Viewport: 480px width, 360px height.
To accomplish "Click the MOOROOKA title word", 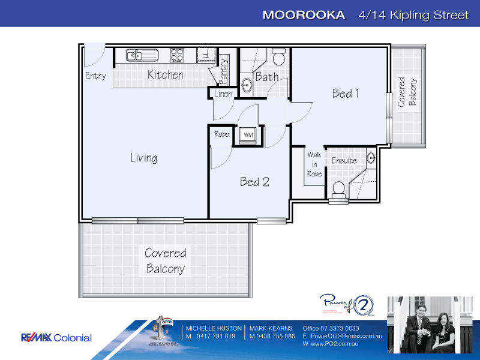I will pos(304,15).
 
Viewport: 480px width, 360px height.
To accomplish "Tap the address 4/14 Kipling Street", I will pos(412,15).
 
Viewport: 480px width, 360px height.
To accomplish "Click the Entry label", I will pos(95,76).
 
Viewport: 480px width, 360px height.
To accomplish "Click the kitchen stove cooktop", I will pos(177,55).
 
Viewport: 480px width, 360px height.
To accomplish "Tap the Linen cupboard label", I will pos(223,94).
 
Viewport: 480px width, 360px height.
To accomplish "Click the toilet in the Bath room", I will pos(278,58).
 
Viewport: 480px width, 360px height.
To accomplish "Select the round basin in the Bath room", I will pos(247,85).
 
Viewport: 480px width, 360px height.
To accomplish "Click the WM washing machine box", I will pos(247,136).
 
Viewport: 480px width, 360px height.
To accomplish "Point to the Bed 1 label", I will pos(346,93).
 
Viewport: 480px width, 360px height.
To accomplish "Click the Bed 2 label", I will pos(254,182).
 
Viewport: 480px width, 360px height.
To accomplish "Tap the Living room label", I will pos(144,158).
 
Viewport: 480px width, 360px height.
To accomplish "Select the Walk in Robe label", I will pos(314,164).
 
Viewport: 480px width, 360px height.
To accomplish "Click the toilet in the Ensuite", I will pos(338,190).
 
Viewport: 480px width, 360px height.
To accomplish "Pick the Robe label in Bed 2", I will pos(221,134).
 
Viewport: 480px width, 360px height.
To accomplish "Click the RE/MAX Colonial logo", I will pos(56,338).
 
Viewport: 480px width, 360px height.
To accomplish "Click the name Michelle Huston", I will pos(214,328).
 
